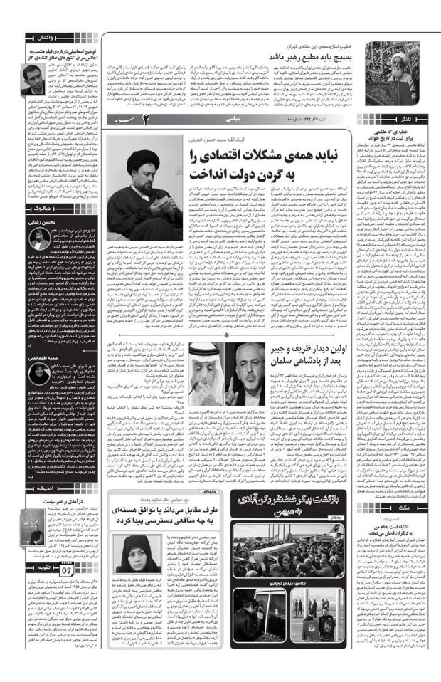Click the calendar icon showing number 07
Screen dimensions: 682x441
[66, 571]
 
